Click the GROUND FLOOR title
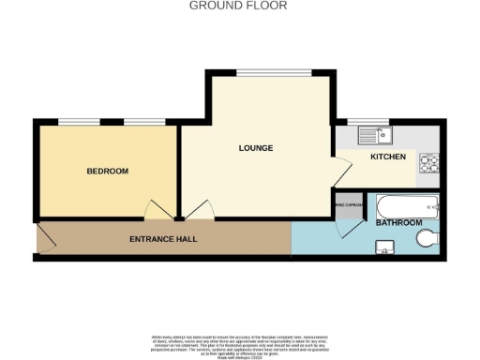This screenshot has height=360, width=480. (x=238, y=6)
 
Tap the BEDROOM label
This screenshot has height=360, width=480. (x=108, y=171)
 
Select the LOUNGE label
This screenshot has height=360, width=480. (x=256, y=148)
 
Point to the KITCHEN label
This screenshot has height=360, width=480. (x=388, y=157)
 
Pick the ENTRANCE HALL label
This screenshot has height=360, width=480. (x=163, y=239)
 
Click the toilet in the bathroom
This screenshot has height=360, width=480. (x=427, y=238)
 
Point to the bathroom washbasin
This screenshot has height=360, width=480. (x=384, y=247)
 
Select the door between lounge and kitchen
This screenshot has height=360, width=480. (x=342, y=169)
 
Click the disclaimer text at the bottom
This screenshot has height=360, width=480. (x=238, y=344)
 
